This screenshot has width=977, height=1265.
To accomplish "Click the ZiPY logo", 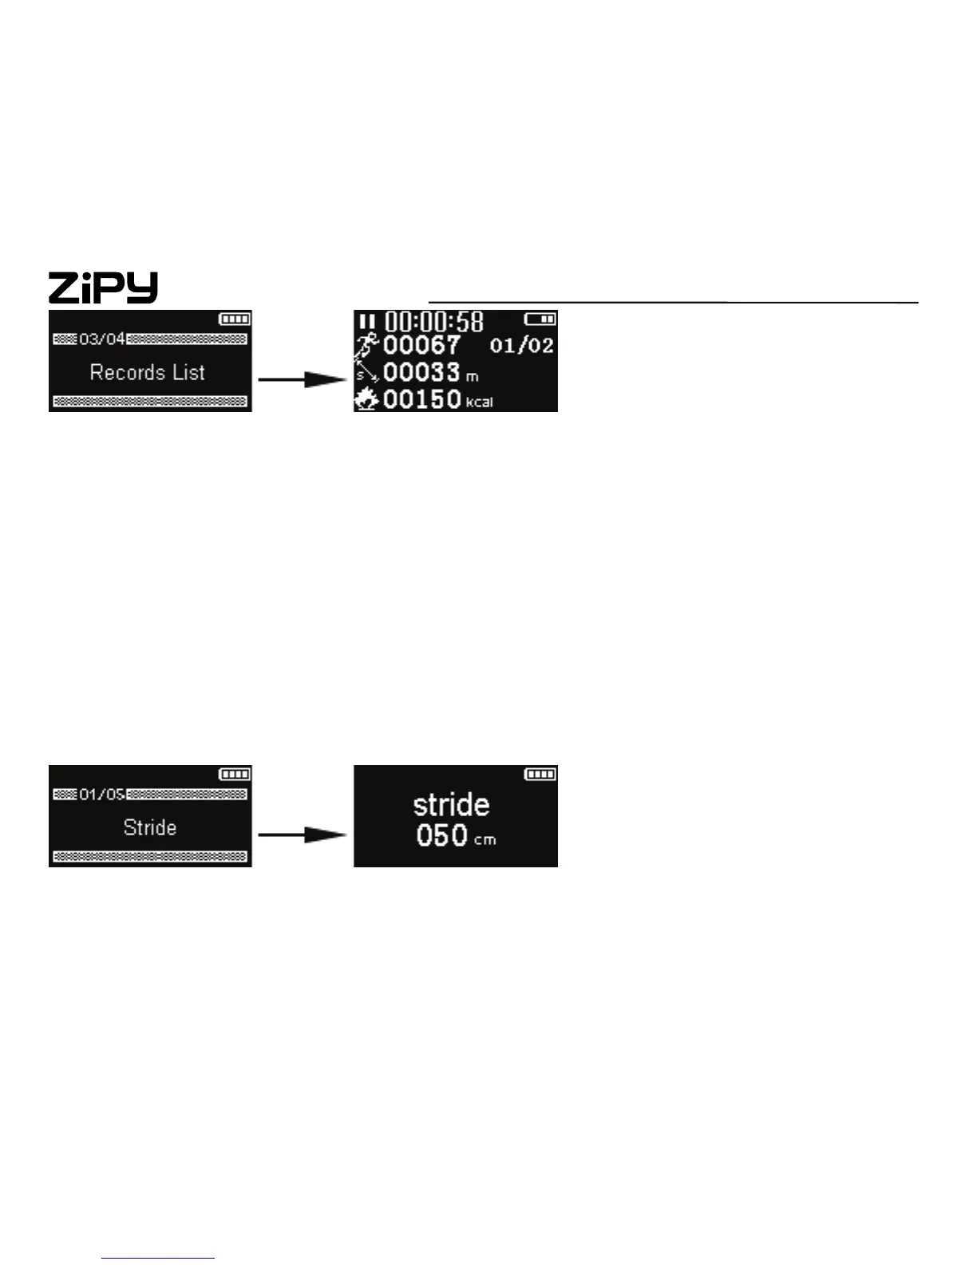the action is coord(103,287).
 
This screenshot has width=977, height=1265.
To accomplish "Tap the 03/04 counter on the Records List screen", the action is coord(101,339).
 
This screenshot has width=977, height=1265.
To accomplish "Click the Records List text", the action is coord(148,372).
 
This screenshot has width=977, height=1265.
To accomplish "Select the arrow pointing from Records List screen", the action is coord(303,379).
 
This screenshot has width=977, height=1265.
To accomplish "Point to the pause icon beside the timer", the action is coord(366,321).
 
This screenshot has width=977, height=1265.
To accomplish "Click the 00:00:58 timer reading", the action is coord(434,321).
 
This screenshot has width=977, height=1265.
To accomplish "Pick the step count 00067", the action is coord(421,346).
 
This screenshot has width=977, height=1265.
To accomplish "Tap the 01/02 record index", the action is coord(521,346).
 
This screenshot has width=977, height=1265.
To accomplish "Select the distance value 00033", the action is coord(421,373).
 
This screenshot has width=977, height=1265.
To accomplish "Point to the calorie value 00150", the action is coord(421,399).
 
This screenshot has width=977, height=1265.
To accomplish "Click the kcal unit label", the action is coord(479,402).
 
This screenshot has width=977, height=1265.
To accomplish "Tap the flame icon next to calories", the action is coord(366,399).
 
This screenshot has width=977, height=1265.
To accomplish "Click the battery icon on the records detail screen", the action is coord(540,319).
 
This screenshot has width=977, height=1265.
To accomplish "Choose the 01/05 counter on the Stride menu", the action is coord(101,795).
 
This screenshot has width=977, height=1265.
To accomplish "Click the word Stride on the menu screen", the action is coord(150,827).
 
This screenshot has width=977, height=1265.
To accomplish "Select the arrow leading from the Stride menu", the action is coord(303,835).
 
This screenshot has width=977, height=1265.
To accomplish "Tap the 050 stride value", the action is coord(441,836).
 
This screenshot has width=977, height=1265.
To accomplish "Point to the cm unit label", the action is coord(485,840).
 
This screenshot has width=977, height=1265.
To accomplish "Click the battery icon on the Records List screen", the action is coord(235,319).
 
